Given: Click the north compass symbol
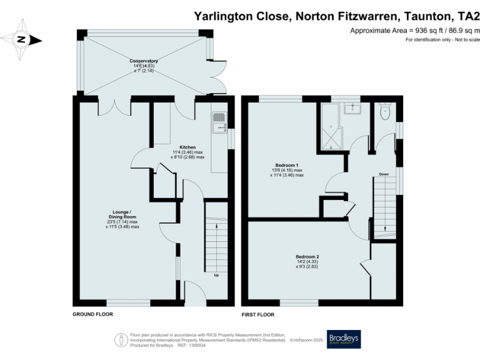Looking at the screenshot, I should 21,39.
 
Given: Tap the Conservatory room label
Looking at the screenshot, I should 144,61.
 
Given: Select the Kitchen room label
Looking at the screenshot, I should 187,147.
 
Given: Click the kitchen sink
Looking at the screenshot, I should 218,127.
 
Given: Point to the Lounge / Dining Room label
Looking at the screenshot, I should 122,215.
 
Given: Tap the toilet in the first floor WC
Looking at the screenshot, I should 384,113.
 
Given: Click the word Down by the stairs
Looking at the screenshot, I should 384,174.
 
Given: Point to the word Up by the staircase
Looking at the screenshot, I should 216,275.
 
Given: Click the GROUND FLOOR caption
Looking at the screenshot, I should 92,314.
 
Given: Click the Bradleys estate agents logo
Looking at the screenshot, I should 344,339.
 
